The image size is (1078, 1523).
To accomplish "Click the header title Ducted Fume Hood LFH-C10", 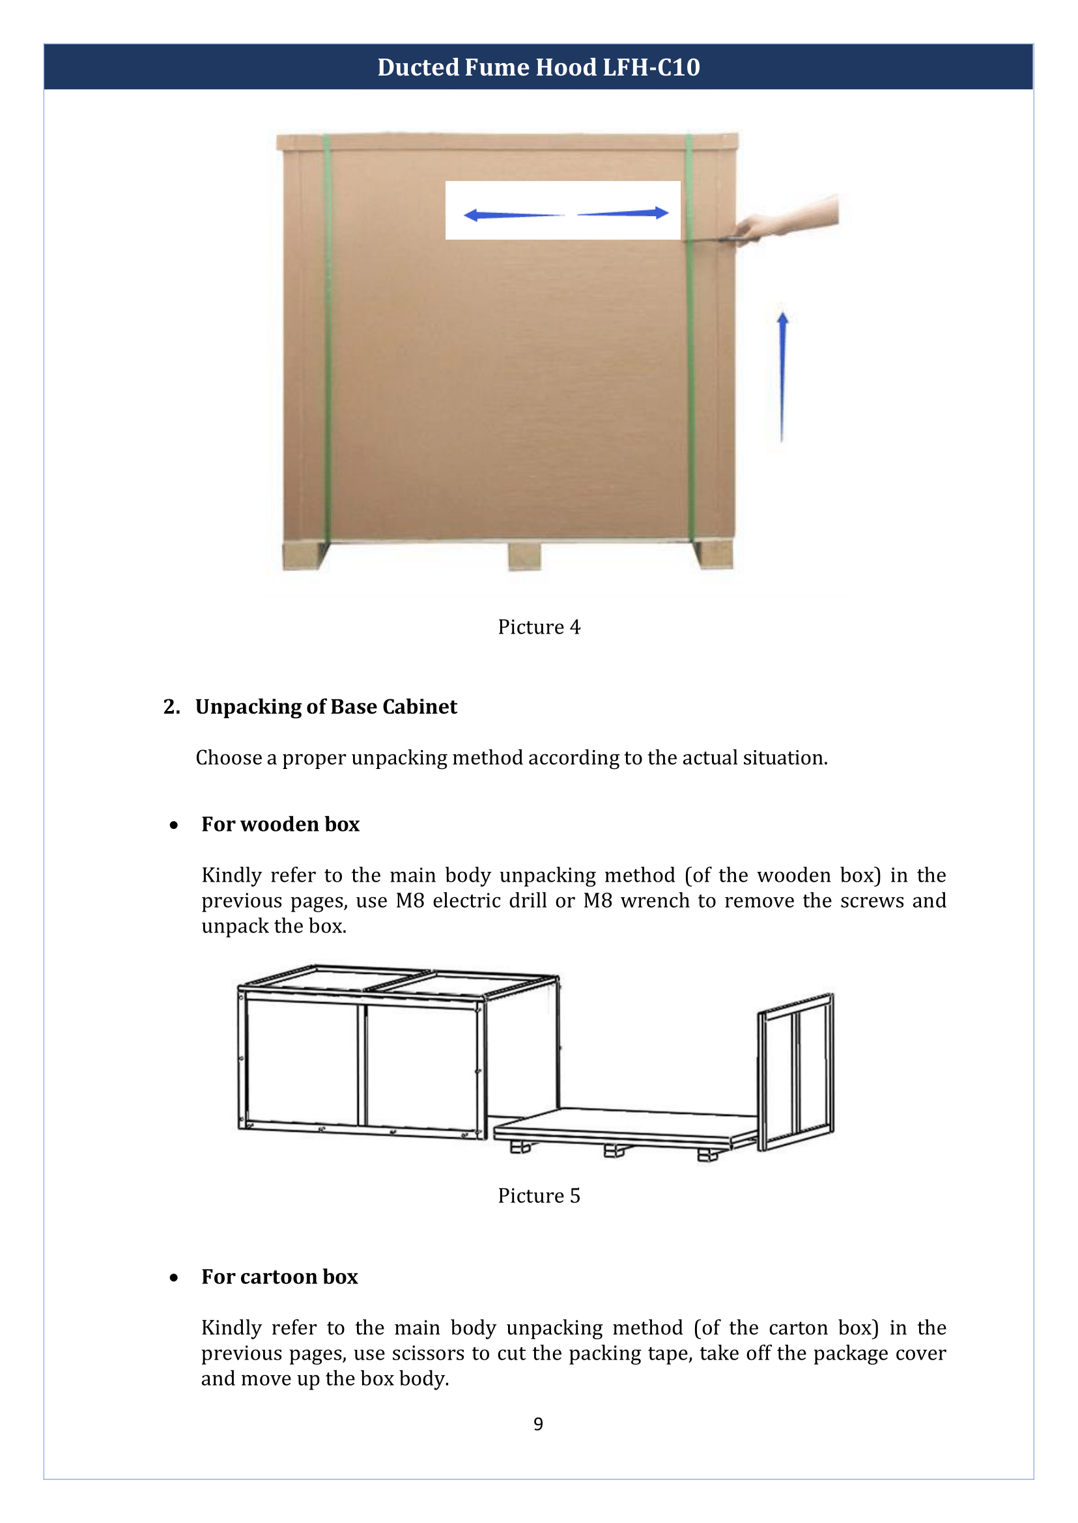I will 538,67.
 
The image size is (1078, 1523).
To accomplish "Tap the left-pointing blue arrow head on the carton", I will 472,214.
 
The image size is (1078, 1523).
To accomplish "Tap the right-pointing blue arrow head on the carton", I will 661,212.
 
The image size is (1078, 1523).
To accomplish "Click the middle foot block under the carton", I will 524,555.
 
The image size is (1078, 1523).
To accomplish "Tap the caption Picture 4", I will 538,626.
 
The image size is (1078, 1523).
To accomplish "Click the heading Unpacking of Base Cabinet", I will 325,706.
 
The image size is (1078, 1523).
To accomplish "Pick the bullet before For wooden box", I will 174,825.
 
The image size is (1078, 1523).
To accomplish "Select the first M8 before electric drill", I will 410,901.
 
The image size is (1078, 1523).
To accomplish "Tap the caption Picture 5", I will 538,1195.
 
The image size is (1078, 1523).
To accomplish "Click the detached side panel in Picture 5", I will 795,1071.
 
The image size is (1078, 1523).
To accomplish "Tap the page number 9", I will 537,1423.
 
